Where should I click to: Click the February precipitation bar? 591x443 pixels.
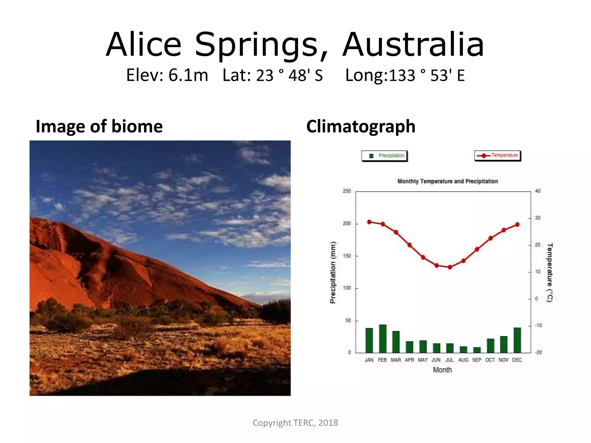click(x=383, y=339)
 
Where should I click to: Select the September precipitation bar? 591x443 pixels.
click(x=477, y=350)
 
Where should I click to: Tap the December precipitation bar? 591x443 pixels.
click(x=517, y=340)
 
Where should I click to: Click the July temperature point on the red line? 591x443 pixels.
click(x=450, y=267)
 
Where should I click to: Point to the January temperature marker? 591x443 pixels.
click(x=369, y=222)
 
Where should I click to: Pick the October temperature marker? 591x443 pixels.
click(x=490, y=238)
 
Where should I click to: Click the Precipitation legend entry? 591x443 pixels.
click(x=384, y=156)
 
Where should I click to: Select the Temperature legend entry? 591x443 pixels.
click(x=498, y=155)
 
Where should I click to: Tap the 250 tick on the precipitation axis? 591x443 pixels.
click(x=347, y=191)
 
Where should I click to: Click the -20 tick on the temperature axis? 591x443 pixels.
click(x=538, y=352)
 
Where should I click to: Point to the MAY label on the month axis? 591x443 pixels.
click(x=423, y=360)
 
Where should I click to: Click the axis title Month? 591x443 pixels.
click(x=442, y=370)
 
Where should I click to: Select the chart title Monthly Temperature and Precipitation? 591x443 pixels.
click(x=448, y=181)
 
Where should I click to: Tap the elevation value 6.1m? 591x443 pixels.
click(x=188, y=75)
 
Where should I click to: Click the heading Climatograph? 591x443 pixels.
click(x=361, y=126)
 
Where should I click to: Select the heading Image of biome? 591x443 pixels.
click(x=99, y=126)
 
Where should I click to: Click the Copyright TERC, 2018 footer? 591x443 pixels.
click(x=295, y=423)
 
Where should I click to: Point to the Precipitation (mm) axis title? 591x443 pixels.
click(x=333, y=272)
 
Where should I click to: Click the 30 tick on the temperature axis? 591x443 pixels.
click(x=538, y=218)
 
